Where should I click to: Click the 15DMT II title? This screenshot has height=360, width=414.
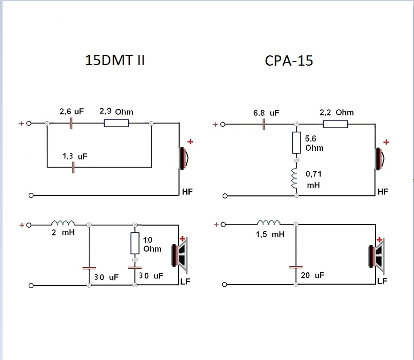(x=115, y=60)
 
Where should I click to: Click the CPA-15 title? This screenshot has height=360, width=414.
(x=289, y=61)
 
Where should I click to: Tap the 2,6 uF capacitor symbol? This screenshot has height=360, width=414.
(x=71, y=123)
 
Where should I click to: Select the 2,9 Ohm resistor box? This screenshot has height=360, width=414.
(x=116, y=123)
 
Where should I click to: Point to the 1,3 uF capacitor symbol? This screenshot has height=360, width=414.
(x=73, y=167)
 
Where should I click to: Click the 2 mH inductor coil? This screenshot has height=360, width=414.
(x=63, y=223)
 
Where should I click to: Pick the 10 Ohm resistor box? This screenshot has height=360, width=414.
(x=135, y=243)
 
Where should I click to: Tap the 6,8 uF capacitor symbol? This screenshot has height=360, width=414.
(x=264, y=124)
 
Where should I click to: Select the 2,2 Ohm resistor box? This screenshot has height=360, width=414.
(x=336, y=124)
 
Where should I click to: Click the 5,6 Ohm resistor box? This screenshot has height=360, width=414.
(x=297, y=143)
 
